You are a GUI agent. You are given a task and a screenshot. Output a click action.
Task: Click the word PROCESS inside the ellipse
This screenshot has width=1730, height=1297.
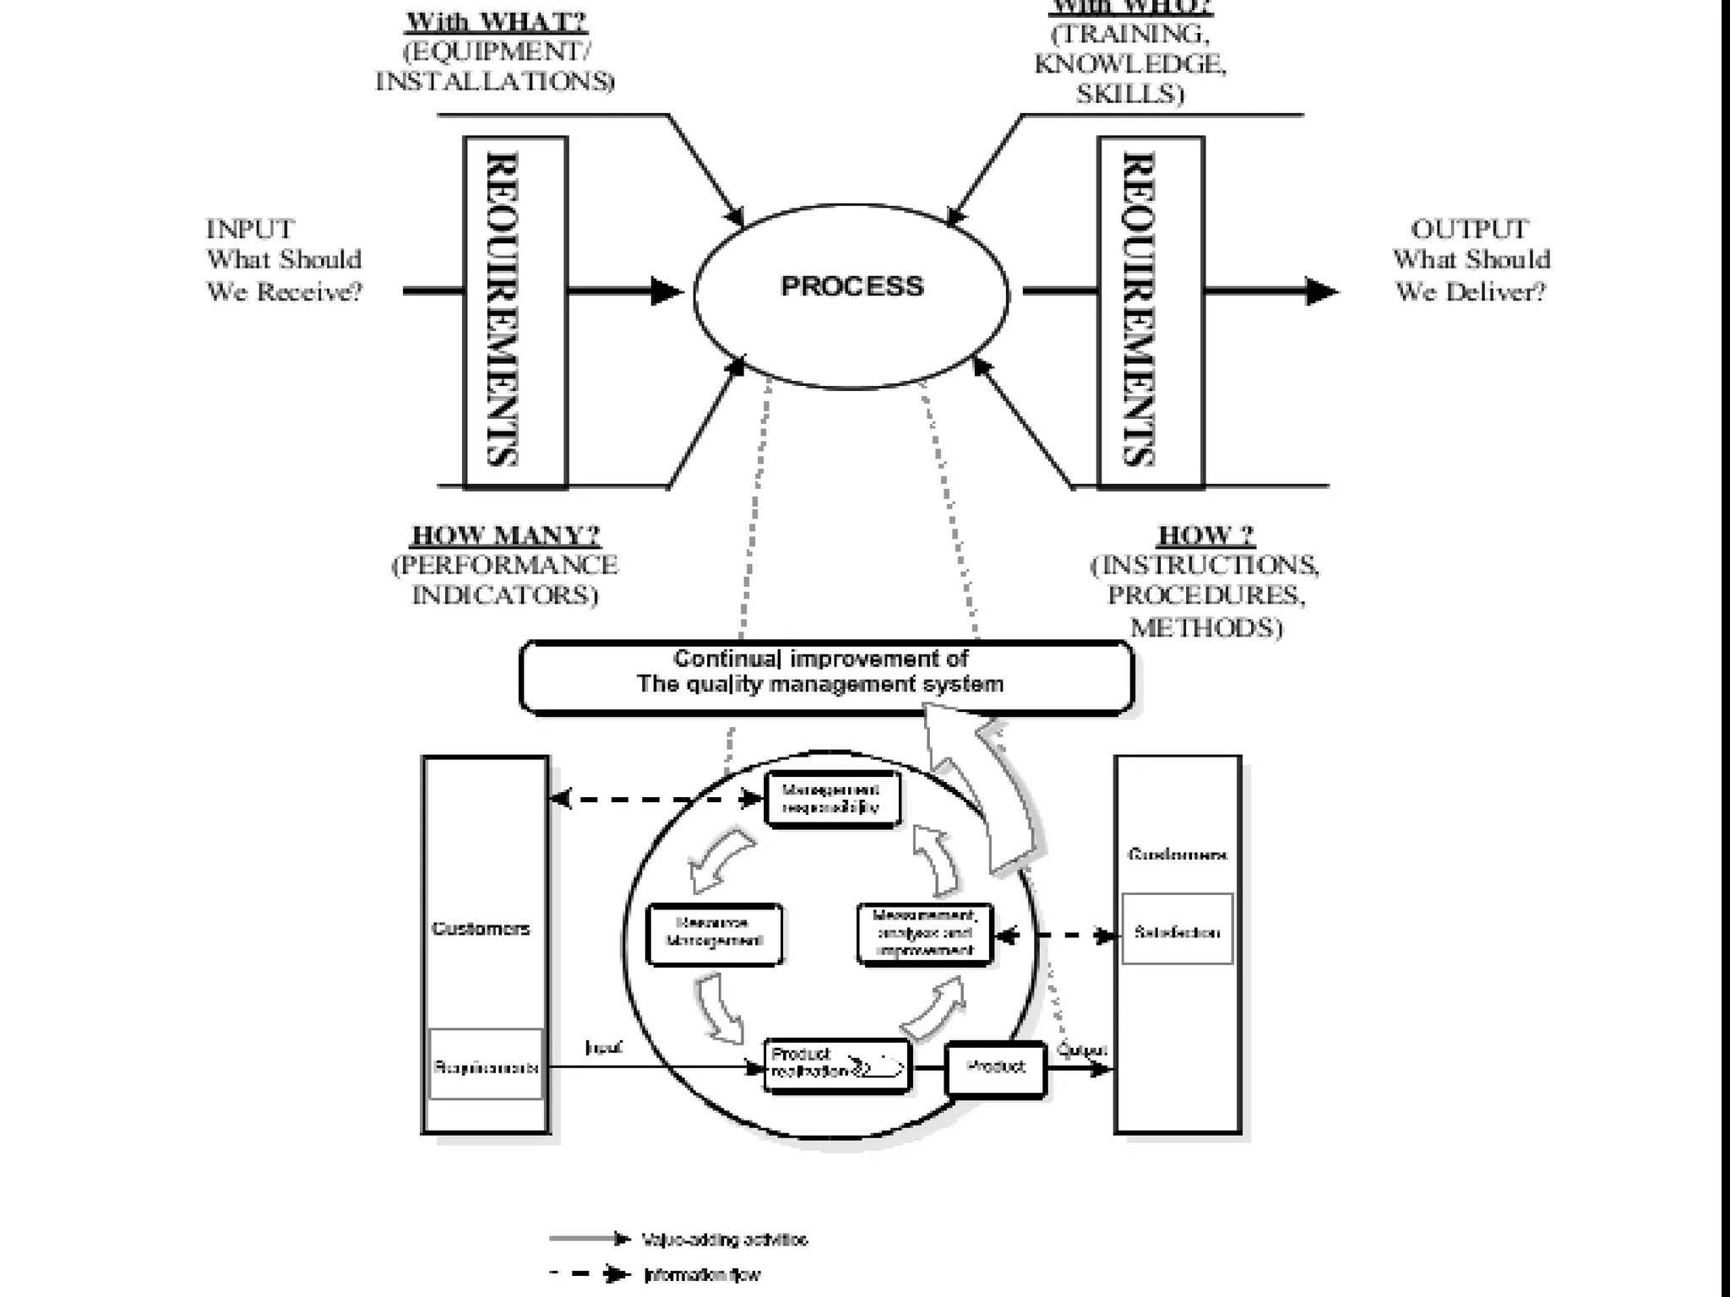point(851,286)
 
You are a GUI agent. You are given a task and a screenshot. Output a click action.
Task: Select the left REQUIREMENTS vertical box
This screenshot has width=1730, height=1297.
point(515,311)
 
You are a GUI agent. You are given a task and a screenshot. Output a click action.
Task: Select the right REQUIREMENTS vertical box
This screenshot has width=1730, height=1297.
point(1151,311)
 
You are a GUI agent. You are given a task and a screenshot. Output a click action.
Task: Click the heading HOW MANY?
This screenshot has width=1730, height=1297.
point(505,535)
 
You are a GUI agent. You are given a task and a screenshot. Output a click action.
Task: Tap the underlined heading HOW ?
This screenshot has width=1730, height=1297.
point(1205,535)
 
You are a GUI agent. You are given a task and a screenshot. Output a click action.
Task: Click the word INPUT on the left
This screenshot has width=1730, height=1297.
point(250,229)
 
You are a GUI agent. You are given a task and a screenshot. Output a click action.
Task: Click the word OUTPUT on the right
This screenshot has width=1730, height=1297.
point(1469,229)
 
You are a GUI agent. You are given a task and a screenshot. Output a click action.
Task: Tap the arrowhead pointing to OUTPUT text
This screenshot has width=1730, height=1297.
point(1320,291)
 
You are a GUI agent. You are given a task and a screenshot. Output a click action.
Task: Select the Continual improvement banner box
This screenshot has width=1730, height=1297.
point(825,677)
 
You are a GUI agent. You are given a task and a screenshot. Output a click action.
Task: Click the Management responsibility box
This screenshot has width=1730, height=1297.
point(831,798)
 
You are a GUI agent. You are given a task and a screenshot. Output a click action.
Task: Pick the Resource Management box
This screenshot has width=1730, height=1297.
point(714,933)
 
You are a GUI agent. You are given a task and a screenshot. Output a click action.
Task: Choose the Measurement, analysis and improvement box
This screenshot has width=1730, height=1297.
point(924,933)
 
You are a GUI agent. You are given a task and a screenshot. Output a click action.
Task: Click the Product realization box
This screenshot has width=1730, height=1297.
point(836,1066)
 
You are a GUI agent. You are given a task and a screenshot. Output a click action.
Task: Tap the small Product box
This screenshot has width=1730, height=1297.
point(995,1067)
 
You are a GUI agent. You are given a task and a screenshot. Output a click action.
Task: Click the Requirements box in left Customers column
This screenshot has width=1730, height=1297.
point(485,1065)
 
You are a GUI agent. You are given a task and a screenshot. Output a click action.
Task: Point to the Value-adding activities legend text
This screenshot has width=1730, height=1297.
point(724,1240)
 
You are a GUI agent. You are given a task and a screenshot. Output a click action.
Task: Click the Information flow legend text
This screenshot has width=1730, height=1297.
point(702,1274)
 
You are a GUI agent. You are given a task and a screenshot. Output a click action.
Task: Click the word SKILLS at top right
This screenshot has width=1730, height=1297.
point(1129,95)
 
